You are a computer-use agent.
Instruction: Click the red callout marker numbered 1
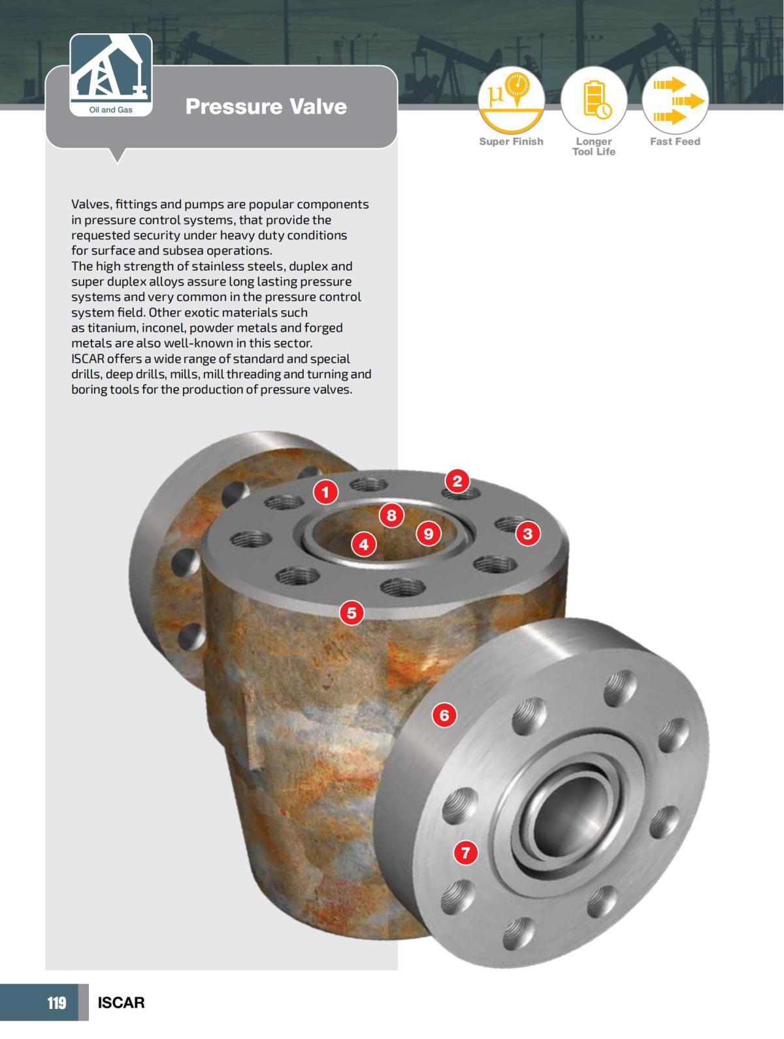(x=325, y=492)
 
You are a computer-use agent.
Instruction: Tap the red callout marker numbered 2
(x=457, y=481)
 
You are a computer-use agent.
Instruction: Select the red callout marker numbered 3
(x=528, y=534)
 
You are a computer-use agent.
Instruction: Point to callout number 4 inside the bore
(x=364, y=543)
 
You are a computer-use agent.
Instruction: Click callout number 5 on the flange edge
(x=351, y=613)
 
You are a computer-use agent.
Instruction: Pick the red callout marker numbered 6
(x=444, y=715)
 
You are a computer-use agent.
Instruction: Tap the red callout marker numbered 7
(x=465, y=852)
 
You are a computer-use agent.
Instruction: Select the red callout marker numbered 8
(x=391, y=515)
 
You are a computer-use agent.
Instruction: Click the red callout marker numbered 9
(x=428, y=534)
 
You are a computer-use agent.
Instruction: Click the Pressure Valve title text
(x=266, y=106)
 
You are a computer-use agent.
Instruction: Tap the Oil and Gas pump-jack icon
(x=111, y=69)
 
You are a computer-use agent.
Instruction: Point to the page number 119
(x=57, y=1002)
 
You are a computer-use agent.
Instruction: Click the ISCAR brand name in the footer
(x=121, y=1002)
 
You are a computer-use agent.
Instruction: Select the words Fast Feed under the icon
(x=675, y=142)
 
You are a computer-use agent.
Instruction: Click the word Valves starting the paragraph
(x=90, y=204)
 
